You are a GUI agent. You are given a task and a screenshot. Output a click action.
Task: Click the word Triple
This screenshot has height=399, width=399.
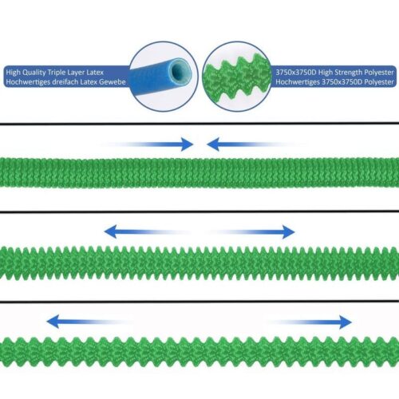56,73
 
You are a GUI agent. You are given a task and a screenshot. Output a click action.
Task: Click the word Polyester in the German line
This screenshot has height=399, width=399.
379,82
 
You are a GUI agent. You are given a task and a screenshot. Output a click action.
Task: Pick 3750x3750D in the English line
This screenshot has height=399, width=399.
296,73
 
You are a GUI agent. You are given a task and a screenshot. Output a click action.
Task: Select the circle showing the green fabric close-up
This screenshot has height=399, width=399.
237,76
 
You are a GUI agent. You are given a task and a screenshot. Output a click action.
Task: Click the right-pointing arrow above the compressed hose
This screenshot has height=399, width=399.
146,144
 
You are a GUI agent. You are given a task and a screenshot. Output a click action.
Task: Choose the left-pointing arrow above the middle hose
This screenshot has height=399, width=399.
147,231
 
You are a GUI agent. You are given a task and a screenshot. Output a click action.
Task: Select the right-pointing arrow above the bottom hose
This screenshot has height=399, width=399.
310,322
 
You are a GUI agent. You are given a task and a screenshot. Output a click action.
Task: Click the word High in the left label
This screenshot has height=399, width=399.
13,73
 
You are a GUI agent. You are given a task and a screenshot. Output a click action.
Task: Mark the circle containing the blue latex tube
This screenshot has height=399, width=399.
164,76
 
